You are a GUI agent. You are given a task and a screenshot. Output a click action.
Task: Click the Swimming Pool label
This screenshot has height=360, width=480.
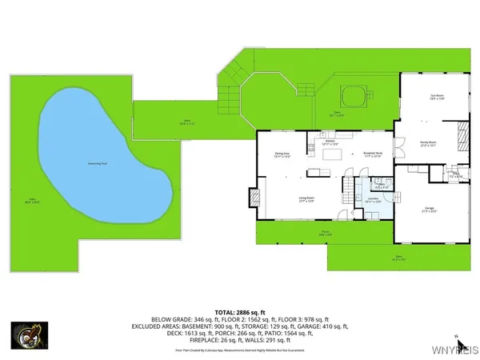point(98,164)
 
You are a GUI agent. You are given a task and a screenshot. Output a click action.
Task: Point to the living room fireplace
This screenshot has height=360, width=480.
point(255,196)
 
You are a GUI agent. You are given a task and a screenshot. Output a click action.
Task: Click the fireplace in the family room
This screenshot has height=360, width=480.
point(459,132)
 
